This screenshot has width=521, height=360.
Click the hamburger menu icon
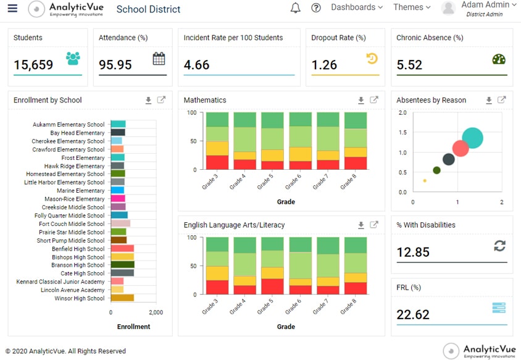13,9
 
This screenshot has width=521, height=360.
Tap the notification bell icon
296,8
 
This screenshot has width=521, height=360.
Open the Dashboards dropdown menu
356,7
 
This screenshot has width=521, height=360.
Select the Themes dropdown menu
412,7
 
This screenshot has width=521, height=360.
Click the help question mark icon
316,8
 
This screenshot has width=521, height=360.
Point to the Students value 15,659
33,64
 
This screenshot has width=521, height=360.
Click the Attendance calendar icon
159,59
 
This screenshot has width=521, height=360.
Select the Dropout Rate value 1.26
324,64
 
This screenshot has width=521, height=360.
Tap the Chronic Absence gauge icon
499,59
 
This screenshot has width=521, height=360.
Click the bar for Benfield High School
122,249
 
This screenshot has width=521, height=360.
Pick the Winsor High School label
79,299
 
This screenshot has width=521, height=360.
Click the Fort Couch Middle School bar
120,224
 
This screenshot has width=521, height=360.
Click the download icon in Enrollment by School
148,101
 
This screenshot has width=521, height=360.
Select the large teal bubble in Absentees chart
473,138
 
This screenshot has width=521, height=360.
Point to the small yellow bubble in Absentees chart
425,181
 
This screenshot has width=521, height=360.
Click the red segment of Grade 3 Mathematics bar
217,162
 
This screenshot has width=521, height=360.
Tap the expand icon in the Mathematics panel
374,100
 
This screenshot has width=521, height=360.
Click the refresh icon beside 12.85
499,246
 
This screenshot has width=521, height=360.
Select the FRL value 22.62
413,315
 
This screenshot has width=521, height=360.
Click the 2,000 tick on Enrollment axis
156,312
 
